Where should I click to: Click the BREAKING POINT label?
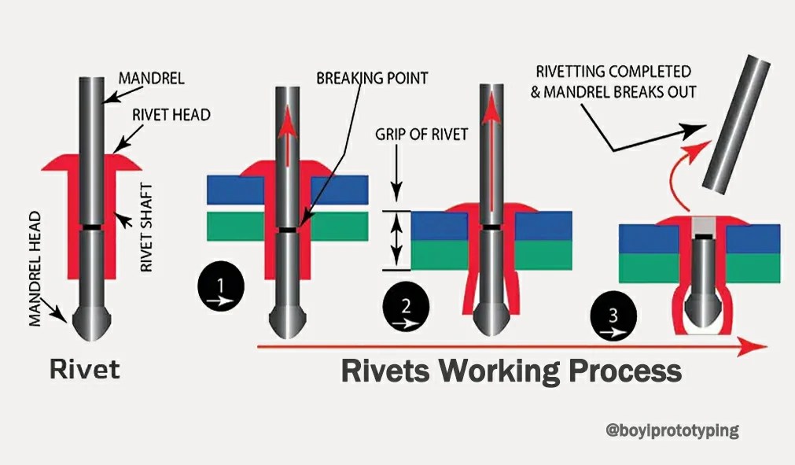[372, 78]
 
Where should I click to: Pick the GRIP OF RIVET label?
[421, 134]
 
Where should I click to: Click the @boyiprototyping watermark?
[672, 430]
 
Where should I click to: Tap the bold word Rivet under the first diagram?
[85, 368]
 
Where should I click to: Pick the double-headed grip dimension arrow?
[397, 240]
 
